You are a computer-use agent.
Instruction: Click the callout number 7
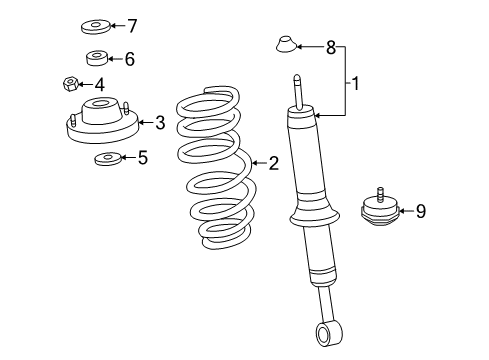click(131, 25)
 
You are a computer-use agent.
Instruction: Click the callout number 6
click(130, 59)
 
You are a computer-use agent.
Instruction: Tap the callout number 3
click(159, 123)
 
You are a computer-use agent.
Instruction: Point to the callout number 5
click(142, 156)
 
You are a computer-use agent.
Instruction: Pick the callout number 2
click(272, 162)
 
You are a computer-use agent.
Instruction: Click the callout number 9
click(420, 210)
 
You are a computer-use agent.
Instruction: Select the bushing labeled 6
click(97, 59)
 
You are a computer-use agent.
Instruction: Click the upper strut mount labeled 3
click(100, 120)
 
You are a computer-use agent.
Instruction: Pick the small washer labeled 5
click(106, 158)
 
